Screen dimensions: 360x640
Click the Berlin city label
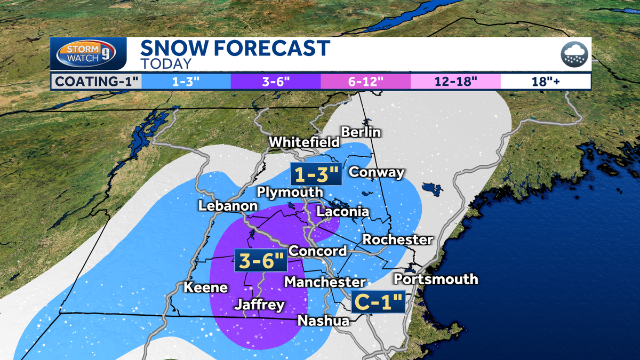click(361, 132)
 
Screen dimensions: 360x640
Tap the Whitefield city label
click(304, 142)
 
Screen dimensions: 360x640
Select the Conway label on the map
click(376, 172)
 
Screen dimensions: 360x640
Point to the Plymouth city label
click(290, 192)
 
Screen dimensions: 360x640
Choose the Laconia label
click(342, 212)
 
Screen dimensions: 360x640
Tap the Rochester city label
click(397, 239)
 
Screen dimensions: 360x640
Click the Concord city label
click(318, 251)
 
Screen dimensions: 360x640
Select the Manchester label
click(325, 282)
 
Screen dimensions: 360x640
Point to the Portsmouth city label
click(435, 279)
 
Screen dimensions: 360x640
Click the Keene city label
click(206, 287)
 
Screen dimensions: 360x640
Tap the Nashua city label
click(323, 321)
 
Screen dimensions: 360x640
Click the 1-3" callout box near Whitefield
click(315, 174)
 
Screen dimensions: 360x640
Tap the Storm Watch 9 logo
click(91, 54)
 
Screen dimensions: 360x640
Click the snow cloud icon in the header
click(574, 54)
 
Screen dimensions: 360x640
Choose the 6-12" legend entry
click(365, 82)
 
